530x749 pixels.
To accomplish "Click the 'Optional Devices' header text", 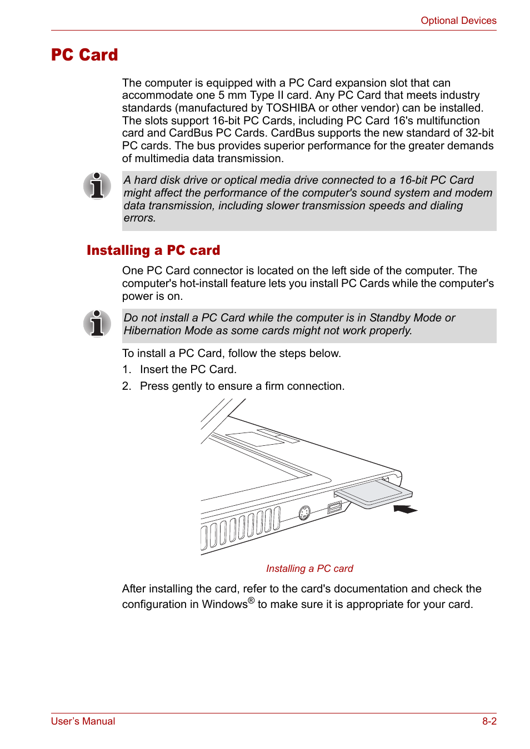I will (x=458, y=21).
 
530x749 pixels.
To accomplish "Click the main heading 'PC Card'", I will (x=84, y=55).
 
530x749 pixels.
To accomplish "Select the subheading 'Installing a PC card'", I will (x=153, y=250).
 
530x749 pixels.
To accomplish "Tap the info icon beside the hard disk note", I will (x=97, y=185).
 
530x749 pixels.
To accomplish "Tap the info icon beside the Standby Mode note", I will (x=97, y=323).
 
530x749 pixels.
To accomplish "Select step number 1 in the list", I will (x=126, y=370).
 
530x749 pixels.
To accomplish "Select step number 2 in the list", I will (x=126, y=386).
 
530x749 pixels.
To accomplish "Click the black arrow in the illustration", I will (x=405, y=509).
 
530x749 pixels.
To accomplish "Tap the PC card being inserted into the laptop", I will (x=373, y=493).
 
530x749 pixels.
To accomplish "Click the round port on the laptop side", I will (x=304, y=513).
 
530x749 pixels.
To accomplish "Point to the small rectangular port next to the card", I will (x=334, y=507).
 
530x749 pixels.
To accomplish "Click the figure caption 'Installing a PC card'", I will (x=309, y=569).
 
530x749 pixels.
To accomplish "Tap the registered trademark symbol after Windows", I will (x=251, y=601).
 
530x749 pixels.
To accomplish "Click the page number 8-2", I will (x=489, y=721).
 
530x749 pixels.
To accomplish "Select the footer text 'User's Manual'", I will (x=83, y=721).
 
